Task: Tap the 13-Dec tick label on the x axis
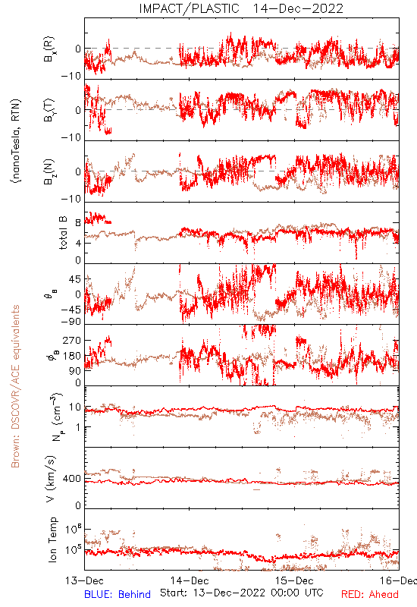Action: click(85, 580)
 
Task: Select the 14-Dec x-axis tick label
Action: click(190, 580)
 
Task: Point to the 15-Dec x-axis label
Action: click(294, 580)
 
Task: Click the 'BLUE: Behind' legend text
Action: click(118, 594)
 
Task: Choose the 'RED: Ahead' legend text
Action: click(370, 594)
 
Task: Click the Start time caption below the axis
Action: click(242, 593)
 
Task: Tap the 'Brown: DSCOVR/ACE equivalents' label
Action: click(15, 386)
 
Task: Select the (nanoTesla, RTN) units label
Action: click(16, 141)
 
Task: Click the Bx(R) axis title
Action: click(49, 49)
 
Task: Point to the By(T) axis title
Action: click(49, 110)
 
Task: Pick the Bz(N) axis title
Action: click(49, 171)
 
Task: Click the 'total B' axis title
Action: click(63, 233)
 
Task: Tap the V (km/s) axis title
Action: click(51, 479)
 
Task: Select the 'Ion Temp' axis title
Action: click(52, 539)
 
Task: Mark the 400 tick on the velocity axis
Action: click(72, 479)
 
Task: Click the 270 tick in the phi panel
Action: click(72, 341)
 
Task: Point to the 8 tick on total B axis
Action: click(78, 223)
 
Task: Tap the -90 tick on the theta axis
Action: click(71, 322)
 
